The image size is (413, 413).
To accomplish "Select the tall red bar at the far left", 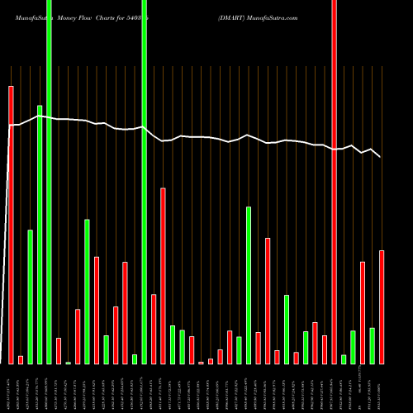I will [x=12, y=223].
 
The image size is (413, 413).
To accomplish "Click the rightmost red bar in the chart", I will [x=382, y=306].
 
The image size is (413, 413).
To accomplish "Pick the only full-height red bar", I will [x=334, y=182].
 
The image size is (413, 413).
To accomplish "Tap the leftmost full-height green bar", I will [x=49, y=182].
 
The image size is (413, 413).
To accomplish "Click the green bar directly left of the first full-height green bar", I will [x=40, y=235].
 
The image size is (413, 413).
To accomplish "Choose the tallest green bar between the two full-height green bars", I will [x=87, y=291].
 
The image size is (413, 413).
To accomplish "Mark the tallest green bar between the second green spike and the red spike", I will [x=249, y=285].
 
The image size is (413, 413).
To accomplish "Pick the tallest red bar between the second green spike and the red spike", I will [x=163, y=276].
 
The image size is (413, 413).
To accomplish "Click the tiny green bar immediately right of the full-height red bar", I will [x=344, y=358].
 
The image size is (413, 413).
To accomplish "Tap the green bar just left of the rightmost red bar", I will [x=372, y=345].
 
